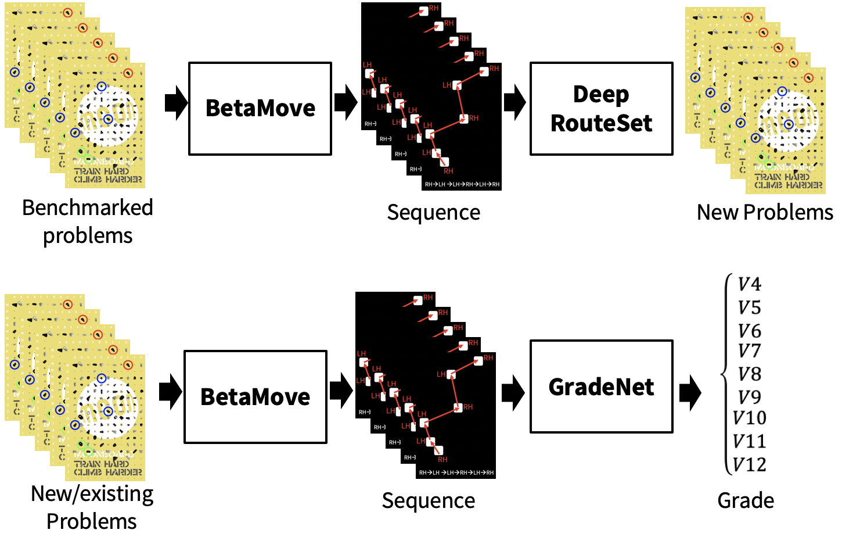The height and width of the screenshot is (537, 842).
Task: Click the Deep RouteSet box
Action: pos(601,109)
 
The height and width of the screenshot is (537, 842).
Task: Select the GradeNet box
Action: pos(601,386)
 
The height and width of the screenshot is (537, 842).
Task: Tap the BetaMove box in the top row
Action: pos(260,109)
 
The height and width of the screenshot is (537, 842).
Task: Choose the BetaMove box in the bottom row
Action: pos(256,397)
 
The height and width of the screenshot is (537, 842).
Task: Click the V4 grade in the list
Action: pos(749,284)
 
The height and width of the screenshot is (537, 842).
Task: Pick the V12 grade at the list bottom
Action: pos(749,465)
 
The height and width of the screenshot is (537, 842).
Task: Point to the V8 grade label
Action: pos(749,374)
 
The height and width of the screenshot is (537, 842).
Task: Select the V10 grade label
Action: pos(749,418)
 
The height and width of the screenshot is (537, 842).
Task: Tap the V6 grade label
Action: pos(749,331)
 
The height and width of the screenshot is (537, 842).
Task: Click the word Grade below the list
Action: pos(746,500)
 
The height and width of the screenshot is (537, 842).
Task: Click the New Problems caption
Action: pos(765,213)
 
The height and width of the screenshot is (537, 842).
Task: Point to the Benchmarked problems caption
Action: pos(88,221)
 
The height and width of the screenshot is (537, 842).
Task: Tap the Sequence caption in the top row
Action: pos(433,213)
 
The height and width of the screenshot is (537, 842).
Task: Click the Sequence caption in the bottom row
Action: pos(429,500)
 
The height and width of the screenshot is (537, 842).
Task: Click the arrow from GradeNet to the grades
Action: pos(690,392)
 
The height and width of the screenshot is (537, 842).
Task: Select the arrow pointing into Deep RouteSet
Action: pos(514,103)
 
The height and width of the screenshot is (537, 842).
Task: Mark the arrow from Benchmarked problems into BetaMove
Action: pos(176,103)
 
